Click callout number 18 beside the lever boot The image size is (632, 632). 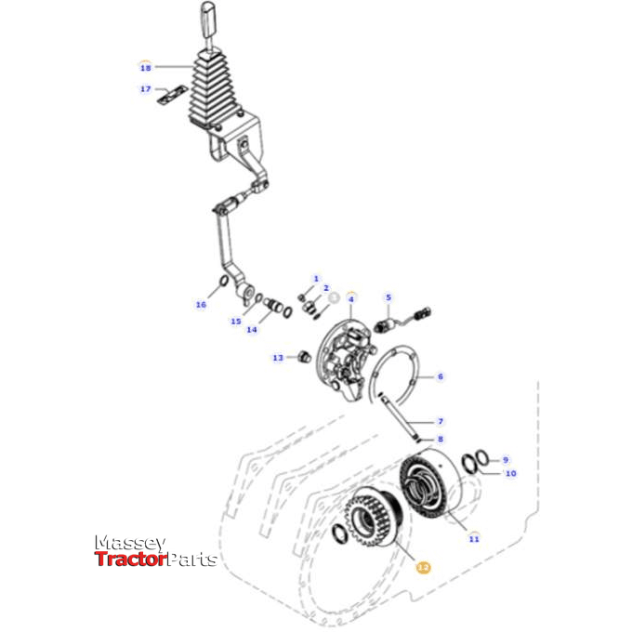click(145, 68)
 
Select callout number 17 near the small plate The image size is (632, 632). click(145, 89)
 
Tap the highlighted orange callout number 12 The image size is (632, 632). click(423, 566)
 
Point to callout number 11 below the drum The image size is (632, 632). click(474, 538)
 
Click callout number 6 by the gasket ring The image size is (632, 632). click(441, 376)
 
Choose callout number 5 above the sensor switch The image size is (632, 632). click(389, 297)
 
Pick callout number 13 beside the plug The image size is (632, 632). click(278, 358)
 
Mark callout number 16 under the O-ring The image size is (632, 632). click(201, 304)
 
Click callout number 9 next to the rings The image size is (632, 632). click(506, 459)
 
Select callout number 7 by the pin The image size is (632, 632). click(441, 422)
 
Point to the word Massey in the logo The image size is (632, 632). click(130, 543)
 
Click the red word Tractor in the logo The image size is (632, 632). click(129, 559)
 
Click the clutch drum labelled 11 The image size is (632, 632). click(429, 487)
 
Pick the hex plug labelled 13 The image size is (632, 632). click(303, 357)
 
